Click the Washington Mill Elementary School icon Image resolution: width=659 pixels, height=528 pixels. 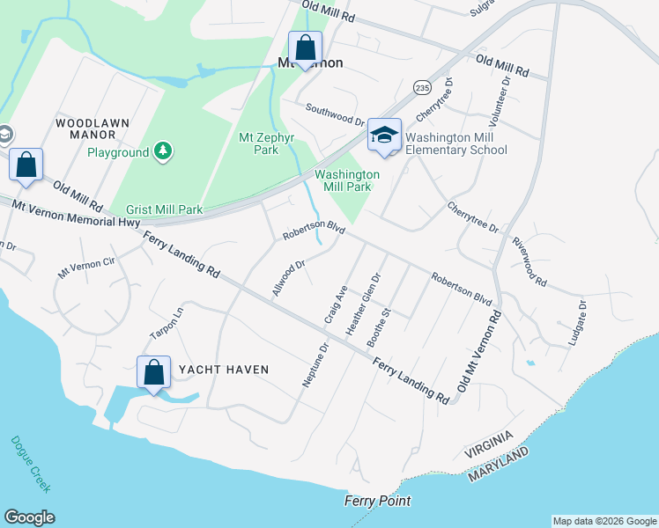pyautogui.click(x=384, y=136)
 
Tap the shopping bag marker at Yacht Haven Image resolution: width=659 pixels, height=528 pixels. pyautogui.click(x=154, y=371)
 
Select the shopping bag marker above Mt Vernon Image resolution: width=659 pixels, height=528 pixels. pyautogui.click(x=305, y=48)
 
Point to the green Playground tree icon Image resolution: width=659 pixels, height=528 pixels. pyautogui.click(x=162, y=152)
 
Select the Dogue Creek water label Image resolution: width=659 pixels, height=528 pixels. pyautogui.click(x=31, y=464)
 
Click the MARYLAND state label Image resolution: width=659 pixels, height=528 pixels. pyautogui.click(x=499, y=464)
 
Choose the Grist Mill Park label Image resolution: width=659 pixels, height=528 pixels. pyautogui.click(x=165, y=209)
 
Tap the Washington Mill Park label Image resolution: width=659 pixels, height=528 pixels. pyautogui.click(x=347, y=180)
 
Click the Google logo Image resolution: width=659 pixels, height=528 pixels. pyautogui.click(x=29, y=517)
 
